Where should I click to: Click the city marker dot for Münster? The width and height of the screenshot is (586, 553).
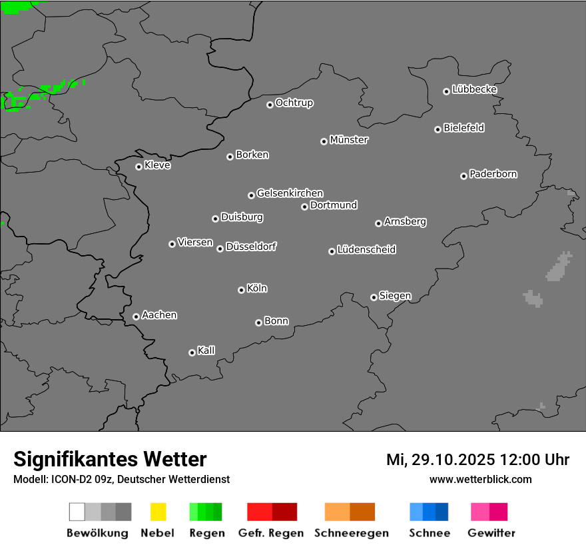click(x=324, y=141)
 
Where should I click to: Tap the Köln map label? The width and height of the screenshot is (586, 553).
click(x=257, y=288)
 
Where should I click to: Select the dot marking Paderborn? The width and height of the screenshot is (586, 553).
click(x=463, y=176)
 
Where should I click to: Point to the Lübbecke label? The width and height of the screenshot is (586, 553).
click(x=474, y=89)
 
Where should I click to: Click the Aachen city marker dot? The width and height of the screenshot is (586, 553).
click(x=136, y=316)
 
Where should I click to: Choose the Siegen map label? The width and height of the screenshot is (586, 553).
click(x=395, y=296)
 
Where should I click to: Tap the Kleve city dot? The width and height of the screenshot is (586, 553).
click(x=139, y=167)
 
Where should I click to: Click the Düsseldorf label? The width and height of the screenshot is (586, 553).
click(x=251, y=247)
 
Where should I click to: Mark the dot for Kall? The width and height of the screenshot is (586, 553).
click(x=192, y=352)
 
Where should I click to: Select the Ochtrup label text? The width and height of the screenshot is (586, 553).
click(x=294, y=103)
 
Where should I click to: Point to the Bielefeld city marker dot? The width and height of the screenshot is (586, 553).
click(x=438, y=129)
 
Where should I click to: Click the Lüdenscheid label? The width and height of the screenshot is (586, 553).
click(x=366, y=250)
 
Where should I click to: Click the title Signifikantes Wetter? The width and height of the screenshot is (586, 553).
click(x=110, y=459)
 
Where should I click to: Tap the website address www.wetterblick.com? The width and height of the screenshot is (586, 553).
click(x=480, y=479)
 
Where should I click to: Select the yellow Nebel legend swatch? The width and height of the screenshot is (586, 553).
click(x=158, y=512)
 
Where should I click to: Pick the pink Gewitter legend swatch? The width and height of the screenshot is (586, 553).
click(x=489, y=512)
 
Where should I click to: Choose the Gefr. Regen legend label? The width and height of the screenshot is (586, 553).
click(x=271, y=533)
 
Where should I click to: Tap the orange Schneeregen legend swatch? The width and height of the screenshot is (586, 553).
click(x=350, y=512)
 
